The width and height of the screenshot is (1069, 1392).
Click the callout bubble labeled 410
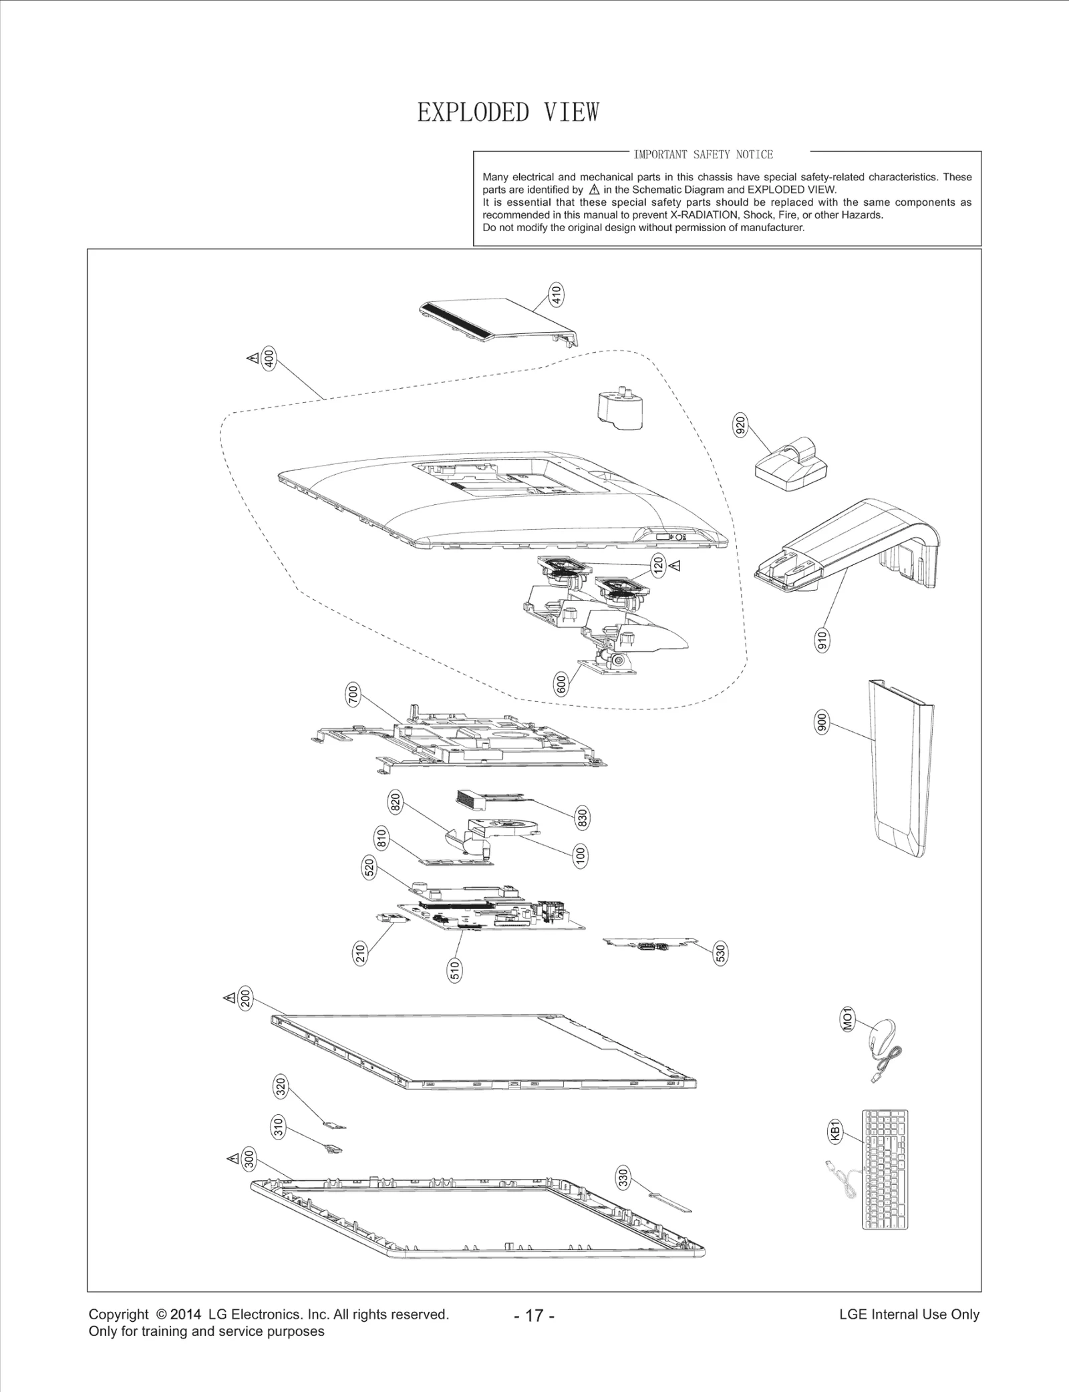pos(556,295)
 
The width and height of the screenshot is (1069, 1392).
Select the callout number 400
pos(269,359)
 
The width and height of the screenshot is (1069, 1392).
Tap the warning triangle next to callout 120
pos(675,566)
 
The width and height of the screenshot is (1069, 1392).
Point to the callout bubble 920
pos(740,425)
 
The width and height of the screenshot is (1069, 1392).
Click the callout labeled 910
pos(823,641)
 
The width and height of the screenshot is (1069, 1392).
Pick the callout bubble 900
pos(822,723)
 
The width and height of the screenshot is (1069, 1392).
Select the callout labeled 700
pos(353,695)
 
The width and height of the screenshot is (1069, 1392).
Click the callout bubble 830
pos(582,818)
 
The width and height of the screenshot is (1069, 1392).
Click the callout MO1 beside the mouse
pos(847,1020)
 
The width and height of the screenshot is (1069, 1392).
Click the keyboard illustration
pos(885,1169)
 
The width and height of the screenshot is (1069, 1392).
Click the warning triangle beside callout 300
pos(233,1158)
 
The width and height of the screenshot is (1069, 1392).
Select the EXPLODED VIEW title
pos(508,112)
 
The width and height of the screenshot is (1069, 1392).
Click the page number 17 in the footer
pos(534,1316)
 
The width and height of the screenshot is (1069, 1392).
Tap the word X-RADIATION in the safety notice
pos(705,215)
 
